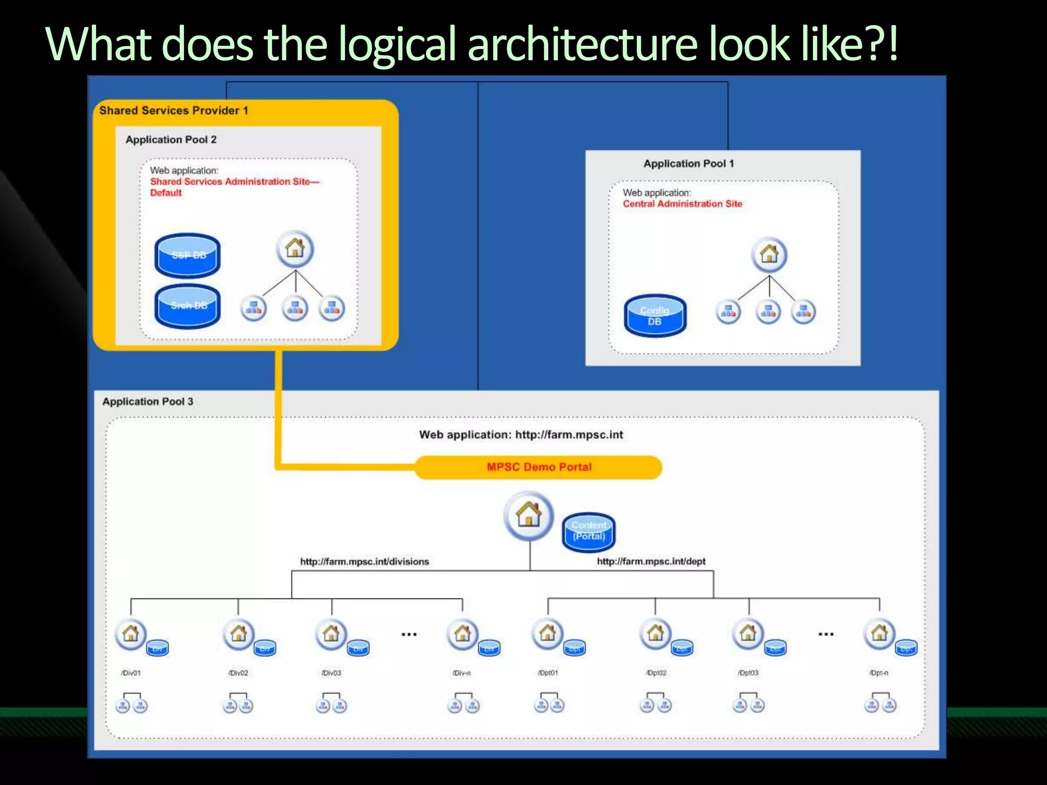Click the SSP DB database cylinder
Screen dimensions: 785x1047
[188, 256]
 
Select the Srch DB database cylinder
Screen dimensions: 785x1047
[188, 306]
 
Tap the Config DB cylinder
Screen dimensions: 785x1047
[655, 316]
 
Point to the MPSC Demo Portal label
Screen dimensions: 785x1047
[539, 467]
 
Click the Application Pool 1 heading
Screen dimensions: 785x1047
[689, 164]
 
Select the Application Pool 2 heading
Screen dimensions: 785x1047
[171, 140]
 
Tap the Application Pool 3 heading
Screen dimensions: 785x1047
[148, 402]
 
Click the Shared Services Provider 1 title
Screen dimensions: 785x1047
[173, 110]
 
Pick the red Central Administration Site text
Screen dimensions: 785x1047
[682, 204]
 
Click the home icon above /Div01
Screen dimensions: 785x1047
[131, 634]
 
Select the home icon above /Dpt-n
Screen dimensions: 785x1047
[879, 634]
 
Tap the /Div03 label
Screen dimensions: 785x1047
[331, 673]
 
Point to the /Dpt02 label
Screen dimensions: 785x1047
[656, 673]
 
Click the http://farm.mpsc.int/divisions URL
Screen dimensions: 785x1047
[365, 562]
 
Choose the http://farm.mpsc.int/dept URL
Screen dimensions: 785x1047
[651, 561]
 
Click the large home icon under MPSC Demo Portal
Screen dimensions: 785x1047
[529, 515]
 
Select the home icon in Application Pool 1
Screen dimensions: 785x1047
[769, 254]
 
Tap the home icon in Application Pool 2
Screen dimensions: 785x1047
[295, 249]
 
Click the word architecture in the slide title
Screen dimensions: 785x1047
[582, 45]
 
